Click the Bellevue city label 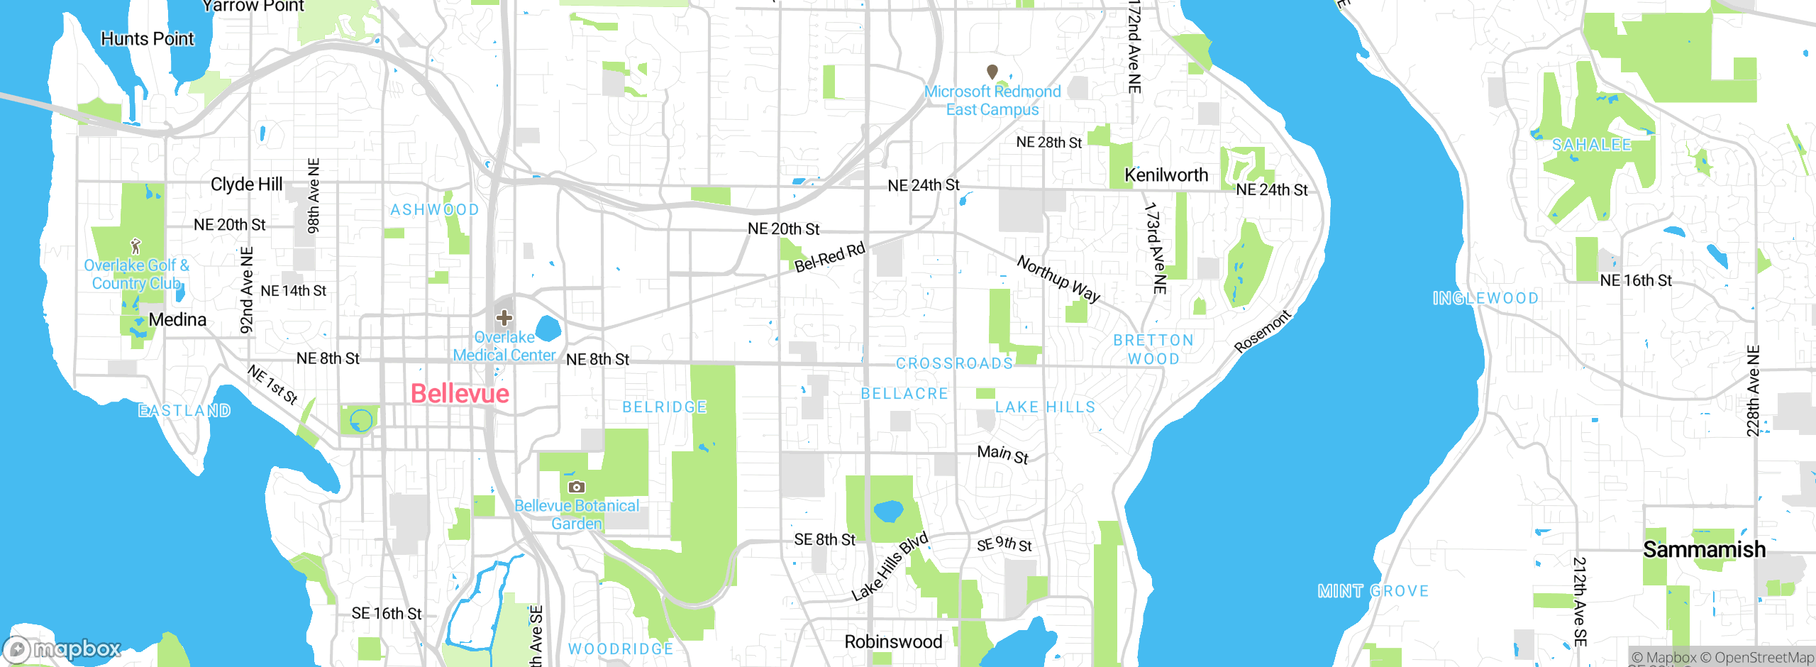460,394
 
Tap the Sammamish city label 1704,550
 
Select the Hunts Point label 147,39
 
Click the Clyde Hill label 246,184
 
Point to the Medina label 177,320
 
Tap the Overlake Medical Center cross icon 504,317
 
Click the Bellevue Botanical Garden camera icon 577,487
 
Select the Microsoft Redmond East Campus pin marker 992,72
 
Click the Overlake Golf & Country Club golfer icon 135,246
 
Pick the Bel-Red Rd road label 829,257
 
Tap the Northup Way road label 1058,279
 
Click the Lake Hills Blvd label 890,566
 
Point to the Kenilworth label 1166,175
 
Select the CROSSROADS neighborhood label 954,364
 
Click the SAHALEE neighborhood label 1591,145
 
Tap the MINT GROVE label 1373,591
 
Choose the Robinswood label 893,641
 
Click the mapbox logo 62,649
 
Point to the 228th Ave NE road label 1753,391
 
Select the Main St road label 1002,454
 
